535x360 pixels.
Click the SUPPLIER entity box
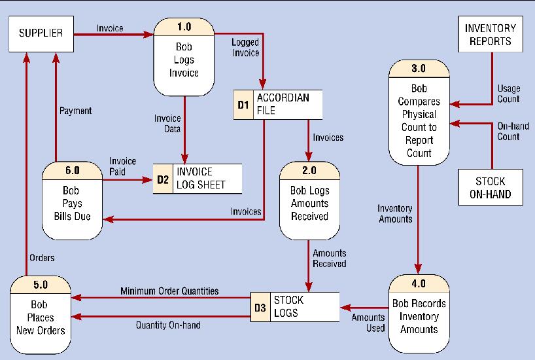point(41,33)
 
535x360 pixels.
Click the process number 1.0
point(184,27)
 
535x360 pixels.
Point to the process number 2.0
point(309,170)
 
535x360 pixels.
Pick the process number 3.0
point(419,67)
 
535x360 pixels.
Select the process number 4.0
point(419,283)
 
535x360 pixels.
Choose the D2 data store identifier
point(162,179)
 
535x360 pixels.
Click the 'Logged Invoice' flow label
point(245,47)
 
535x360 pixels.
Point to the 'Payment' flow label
point(75,111)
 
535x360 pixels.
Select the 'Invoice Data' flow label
point(167,124)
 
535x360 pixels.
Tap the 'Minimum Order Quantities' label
point(169,290)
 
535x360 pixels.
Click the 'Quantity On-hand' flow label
point(168,325)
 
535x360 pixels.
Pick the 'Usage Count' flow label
point(508,94)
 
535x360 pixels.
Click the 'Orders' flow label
point(43,257)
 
